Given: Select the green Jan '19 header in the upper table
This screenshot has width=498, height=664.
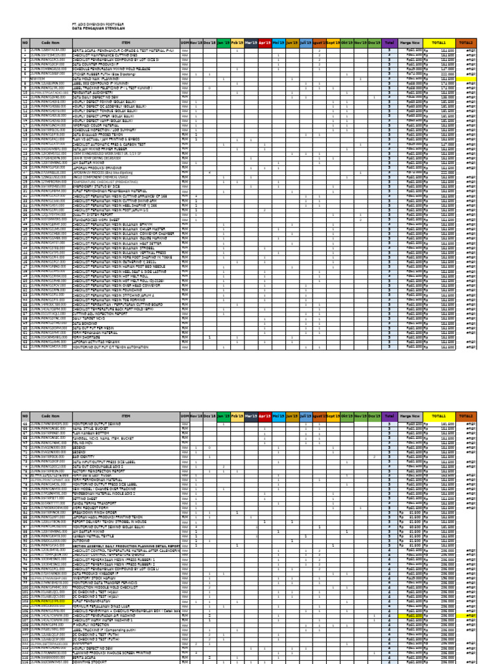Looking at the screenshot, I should (x=223, y=41).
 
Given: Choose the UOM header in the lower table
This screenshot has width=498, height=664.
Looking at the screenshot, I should (x=185, y=415).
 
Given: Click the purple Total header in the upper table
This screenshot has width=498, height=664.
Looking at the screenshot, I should (x=389, y=41).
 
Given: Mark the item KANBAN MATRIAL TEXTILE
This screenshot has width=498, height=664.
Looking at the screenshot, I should (x=97, y=536).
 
